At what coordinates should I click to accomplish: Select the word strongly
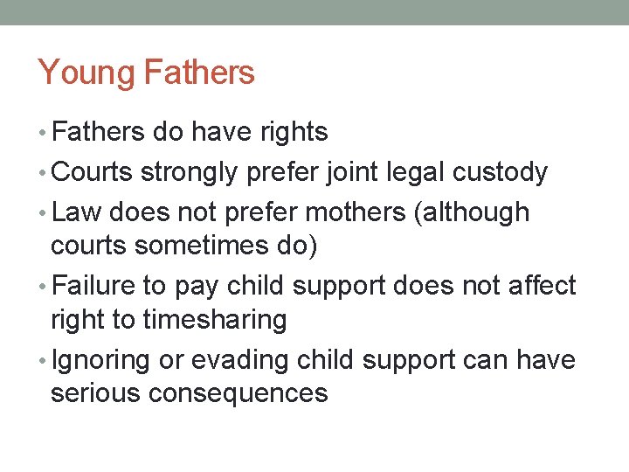point(188,173)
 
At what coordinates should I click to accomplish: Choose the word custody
point(500,172)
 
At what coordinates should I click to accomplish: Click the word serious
point(96,393)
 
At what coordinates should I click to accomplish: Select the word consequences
point(238,393)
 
